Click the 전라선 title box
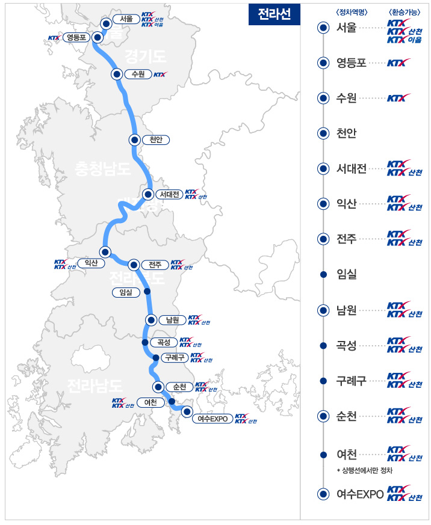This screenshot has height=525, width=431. pos(274,15)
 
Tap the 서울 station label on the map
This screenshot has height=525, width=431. pos(126,19)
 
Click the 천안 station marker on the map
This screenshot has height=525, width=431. pos(135,140)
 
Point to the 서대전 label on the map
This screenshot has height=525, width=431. pos(168,194)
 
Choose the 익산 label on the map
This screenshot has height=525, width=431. pos(91,263)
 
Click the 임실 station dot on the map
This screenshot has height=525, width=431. pos(147,292)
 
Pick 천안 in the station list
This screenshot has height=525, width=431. pos(347,133)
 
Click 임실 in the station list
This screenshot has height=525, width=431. pos(347,274)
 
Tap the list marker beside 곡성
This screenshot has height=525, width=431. pos(323,345)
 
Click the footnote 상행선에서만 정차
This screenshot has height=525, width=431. pos(365,469)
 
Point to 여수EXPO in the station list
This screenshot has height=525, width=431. pos(360,494)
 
